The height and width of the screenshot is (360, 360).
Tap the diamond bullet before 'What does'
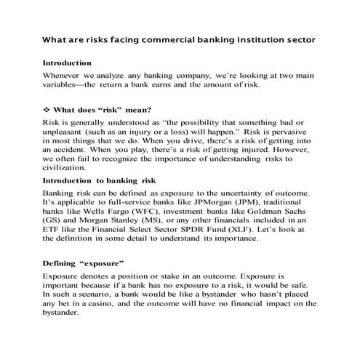[x=46, y=108]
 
